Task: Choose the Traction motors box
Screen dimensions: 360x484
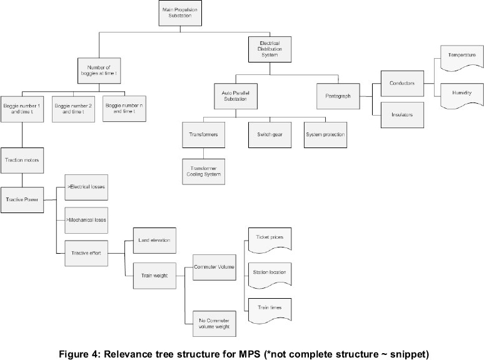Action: pos(22,161)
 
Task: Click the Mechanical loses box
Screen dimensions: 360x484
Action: pos(86,220)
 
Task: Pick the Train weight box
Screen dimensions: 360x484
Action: pos(153,272)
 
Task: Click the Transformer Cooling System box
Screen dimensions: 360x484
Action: pos(202,170)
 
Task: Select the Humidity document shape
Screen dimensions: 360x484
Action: pos(458,92)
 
